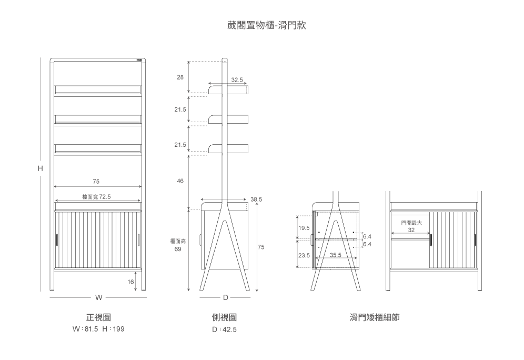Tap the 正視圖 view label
tap(98, 317)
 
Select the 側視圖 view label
tap(225, 317)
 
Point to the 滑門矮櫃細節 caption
tap(375, 317)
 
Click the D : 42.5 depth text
tap(225, 329)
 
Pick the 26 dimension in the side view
tap(180, 77)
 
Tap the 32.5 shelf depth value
tap(237, 80)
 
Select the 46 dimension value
tap(180, 181)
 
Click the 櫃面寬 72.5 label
tap(96, 197)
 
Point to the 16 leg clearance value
tap(130, 282)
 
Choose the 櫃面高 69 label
tap(178, 245)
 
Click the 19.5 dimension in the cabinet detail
tap(304, 228)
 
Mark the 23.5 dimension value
tap(304, 255)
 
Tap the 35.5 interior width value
tap(336, 255)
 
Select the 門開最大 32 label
tap(411, 226)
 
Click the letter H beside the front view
tap(40, 168)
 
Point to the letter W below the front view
tap(98, 297)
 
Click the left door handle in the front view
tap(56, 240)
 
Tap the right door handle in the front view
tap(139, 240)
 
